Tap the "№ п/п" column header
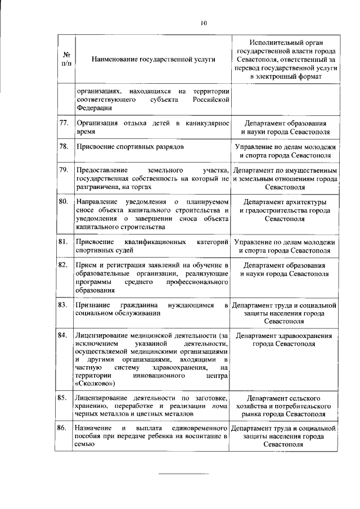(66, 59)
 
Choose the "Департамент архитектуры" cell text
(284, 202)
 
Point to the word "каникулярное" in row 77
(204, 123)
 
